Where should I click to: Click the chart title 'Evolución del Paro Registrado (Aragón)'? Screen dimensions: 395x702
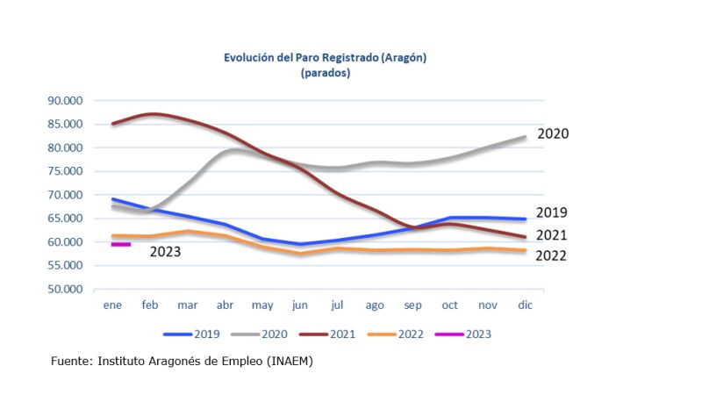326,58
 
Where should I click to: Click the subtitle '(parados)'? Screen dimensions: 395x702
326,73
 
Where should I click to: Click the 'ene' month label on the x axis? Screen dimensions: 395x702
112,305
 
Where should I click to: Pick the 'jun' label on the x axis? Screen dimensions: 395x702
300,305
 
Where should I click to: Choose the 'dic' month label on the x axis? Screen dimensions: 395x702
526,305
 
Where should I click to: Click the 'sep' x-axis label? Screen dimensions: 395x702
412,305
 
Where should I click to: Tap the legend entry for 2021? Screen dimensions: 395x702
338,334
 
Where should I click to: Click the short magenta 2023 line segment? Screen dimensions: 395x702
121,245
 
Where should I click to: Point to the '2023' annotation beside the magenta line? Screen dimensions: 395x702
166,252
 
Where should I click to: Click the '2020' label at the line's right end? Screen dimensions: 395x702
553,134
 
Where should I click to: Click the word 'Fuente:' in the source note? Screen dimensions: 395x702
72,362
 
